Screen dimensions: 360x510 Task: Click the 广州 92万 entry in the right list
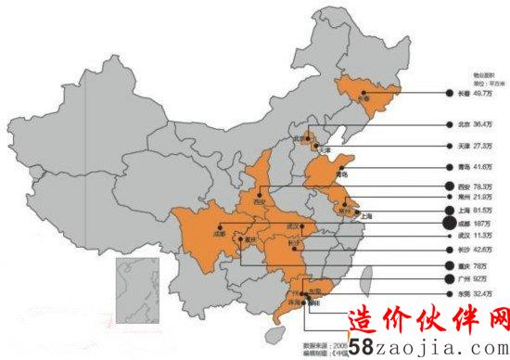pos(472,278)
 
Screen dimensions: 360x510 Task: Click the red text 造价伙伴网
pos(429,320)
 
